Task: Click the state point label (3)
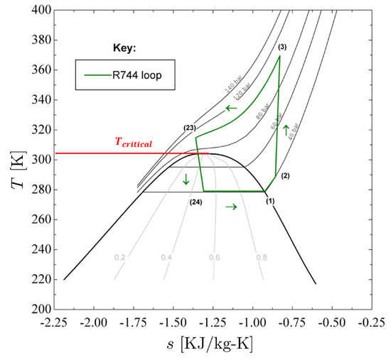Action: (282, 47)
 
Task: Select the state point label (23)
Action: (189, 128)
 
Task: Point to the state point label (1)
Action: (269, 202)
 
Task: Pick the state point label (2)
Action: (286, 175)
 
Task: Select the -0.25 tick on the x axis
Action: (373, 323)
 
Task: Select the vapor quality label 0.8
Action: (262, 258)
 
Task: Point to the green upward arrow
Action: (286, 130)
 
